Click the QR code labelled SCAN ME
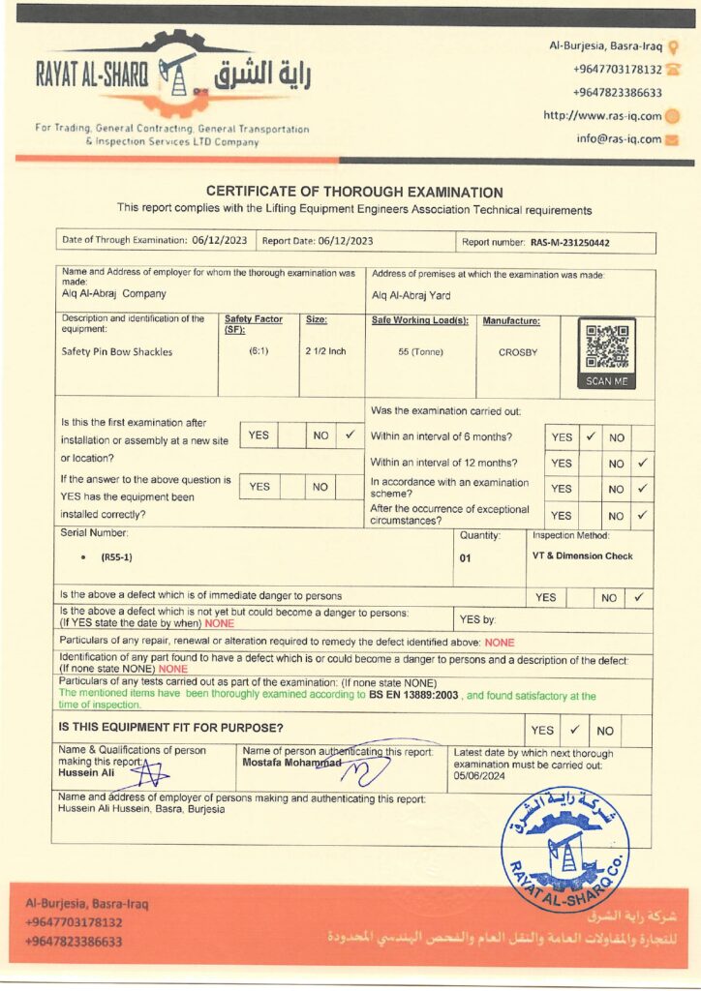607,349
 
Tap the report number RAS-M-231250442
575,244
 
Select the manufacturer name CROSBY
518,352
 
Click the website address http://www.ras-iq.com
601,116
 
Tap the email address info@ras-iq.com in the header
619,138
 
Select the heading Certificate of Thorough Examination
354,193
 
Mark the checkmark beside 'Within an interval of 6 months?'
591,436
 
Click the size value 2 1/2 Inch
325,351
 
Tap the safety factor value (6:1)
259,351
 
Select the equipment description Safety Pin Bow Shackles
116,352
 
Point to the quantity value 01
466,558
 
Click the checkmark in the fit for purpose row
573,730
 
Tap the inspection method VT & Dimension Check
583,556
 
